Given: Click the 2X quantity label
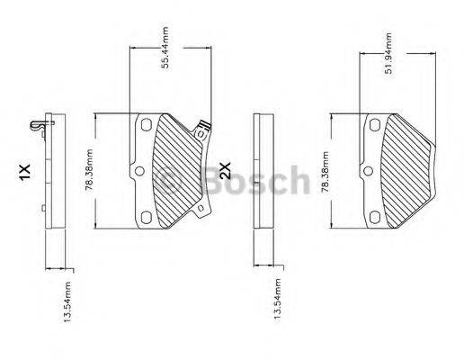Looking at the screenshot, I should click(226, 171).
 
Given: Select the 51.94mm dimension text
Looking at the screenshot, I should click(388, 53).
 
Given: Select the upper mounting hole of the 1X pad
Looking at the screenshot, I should click(144, 125).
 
